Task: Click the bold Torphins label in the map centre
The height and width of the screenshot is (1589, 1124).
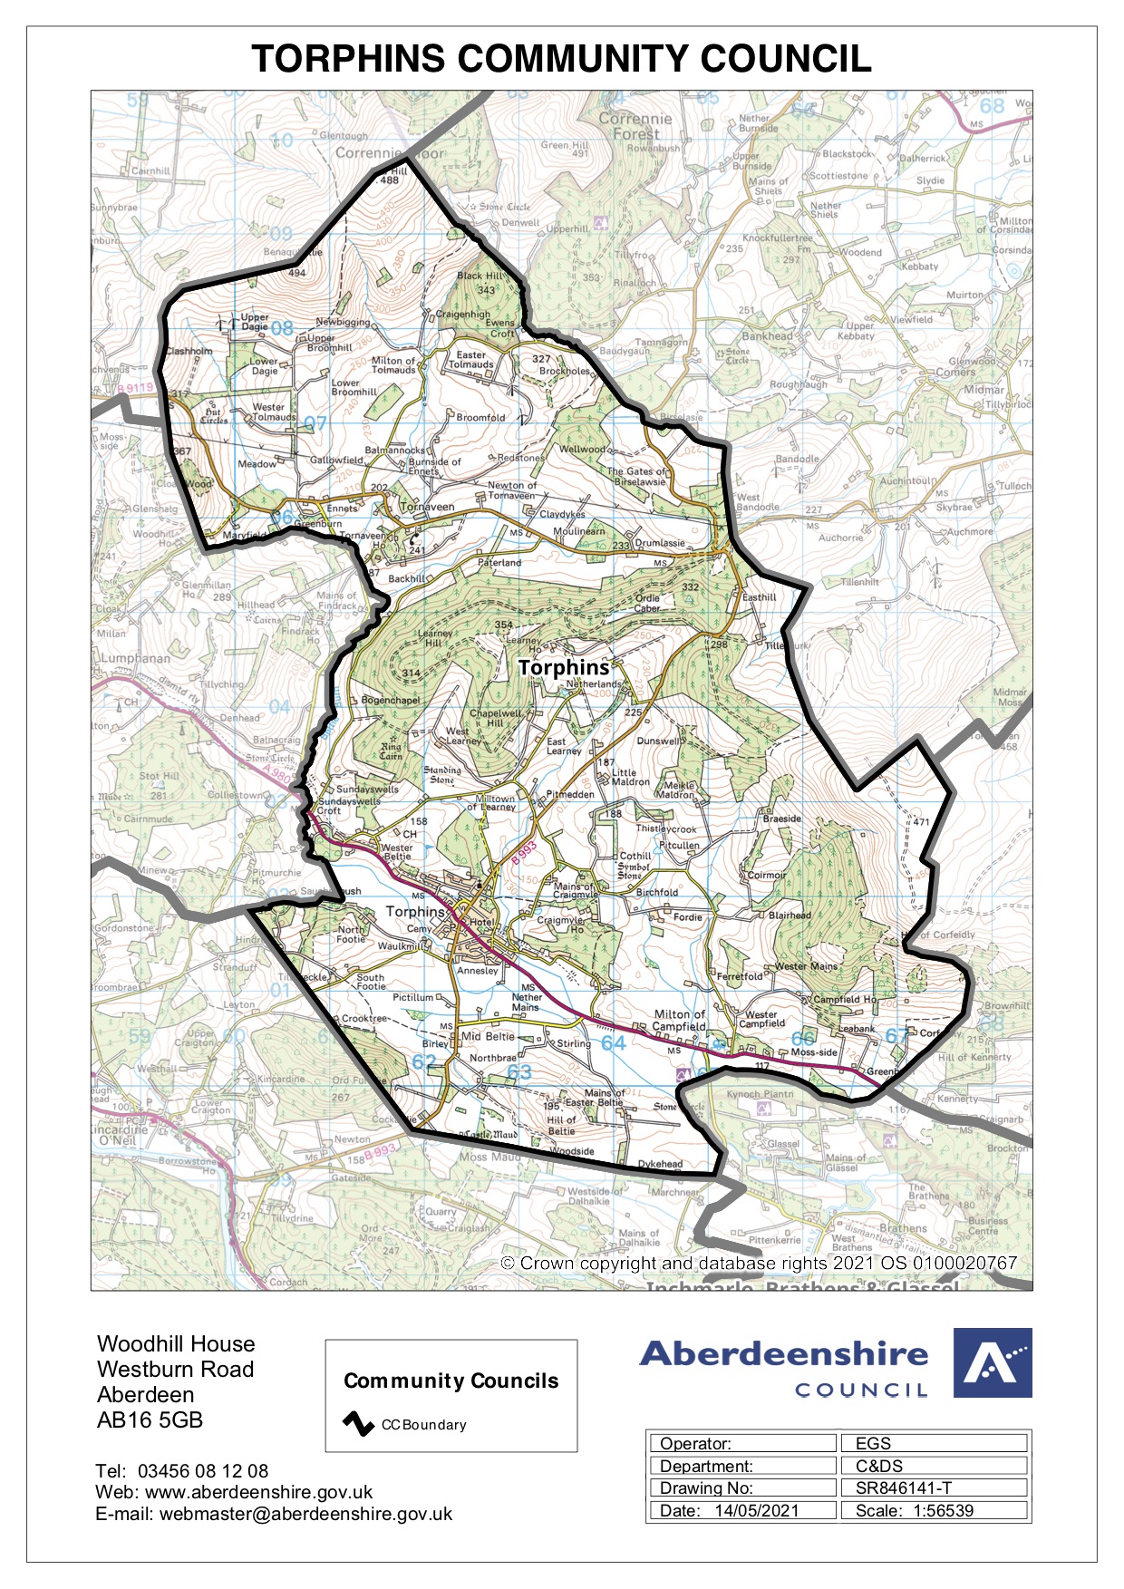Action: (x=564, y=668)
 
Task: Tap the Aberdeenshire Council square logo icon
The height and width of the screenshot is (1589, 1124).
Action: (x=992, y=1362)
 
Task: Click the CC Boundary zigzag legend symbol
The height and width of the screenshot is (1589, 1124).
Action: (x=358, y=1423)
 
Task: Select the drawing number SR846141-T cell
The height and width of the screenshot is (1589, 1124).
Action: (x=934, y=1487)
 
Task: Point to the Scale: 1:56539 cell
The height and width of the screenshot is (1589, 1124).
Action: (x=934, y=1510)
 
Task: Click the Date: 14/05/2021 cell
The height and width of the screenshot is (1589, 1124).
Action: (x=741, y=1510)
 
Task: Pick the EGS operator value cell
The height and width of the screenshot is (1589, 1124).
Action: (x=934, y=1443)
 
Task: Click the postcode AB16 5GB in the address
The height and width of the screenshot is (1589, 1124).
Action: (x=150, y=1419)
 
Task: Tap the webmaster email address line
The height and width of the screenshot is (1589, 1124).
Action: (x=274, y=1514)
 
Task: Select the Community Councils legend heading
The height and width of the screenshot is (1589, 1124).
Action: (x=451, y=1381)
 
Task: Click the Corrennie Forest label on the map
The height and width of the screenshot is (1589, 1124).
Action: (x=635, y=125)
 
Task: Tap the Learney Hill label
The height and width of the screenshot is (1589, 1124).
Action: (x=434, y=638)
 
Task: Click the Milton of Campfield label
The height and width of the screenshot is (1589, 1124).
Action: (x=679, y=1020)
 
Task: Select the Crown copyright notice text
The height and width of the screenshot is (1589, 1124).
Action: (x=759, y=1263)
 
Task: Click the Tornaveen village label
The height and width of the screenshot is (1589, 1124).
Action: (x=427, y=507)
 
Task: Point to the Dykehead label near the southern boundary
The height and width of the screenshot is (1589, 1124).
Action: (x=660, y=1163)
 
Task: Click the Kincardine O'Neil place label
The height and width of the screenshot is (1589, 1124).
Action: (x=119, y=1134)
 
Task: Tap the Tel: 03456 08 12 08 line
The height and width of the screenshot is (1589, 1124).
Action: (x=181, y=1470)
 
